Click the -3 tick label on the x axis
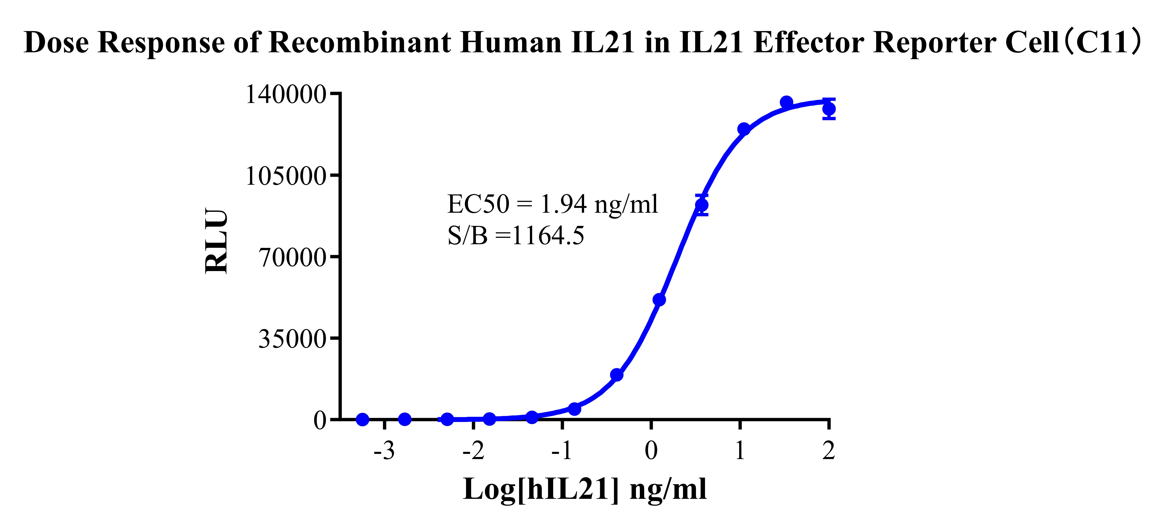(384, 451)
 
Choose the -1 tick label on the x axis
(562, 451)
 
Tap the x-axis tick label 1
(740, 451)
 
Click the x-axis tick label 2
(829, 451)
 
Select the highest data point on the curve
(786, 103)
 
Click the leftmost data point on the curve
(362, 419)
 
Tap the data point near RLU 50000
(659, 300)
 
